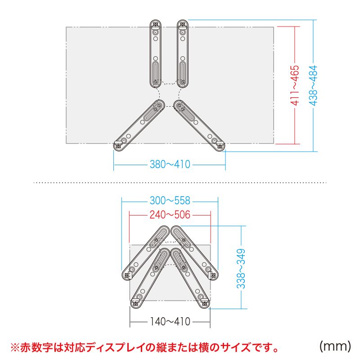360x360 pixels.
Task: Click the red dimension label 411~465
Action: coord(294,85)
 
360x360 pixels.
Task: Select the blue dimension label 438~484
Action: coord(313,85)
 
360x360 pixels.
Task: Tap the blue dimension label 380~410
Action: coord(170,165)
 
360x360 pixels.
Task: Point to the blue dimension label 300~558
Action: coord(170,201)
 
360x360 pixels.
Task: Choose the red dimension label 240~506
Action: coord(170,215)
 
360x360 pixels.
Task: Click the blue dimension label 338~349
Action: coord(241,269)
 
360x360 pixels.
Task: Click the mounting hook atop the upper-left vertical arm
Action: coord(155,24)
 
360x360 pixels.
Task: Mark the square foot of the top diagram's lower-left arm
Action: coord(119,145)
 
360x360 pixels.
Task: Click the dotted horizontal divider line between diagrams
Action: coord(180,183)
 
